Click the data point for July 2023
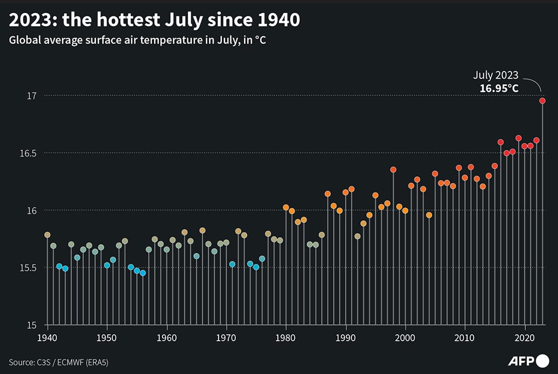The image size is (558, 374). (x=543, y=101)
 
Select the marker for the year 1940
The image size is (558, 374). (x=47, y=235)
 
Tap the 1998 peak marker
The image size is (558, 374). (x=393, y=170)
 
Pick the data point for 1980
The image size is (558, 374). (x=286, y=207)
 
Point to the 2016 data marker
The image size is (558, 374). (x=501, y=142)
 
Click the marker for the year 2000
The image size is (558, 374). (x=405, y=210)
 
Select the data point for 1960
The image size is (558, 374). (x=167, y=250)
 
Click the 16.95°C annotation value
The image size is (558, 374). (x=499, y=87)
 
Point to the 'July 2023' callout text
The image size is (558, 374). (x=495, y=75)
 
